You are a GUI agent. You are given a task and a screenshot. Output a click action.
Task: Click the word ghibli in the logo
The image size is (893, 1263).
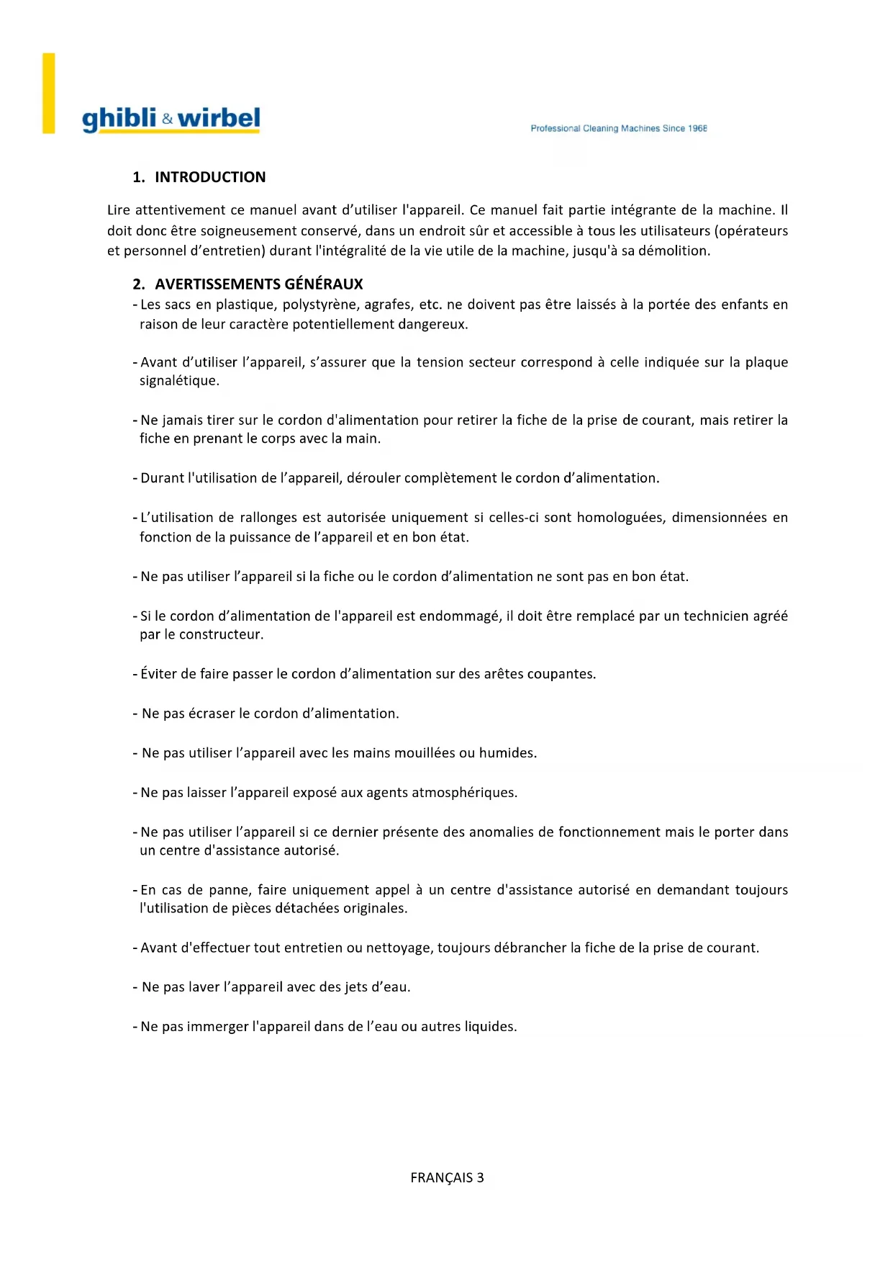119,119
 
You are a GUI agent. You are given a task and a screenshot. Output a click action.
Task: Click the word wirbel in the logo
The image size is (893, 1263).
219,118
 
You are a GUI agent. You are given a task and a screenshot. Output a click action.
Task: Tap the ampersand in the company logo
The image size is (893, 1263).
167,120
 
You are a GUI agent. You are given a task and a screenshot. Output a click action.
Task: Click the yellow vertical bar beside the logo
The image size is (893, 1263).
49,93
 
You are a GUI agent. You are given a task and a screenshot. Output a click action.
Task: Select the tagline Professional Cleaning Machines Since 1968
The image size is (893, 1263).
618,128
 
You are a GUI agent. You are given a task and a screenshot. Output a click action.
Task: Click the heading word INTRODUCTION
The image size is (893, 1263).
210,177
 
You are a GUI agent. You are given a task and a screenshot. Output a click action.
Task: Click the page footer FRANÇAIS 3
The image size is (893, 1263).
447,1177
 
